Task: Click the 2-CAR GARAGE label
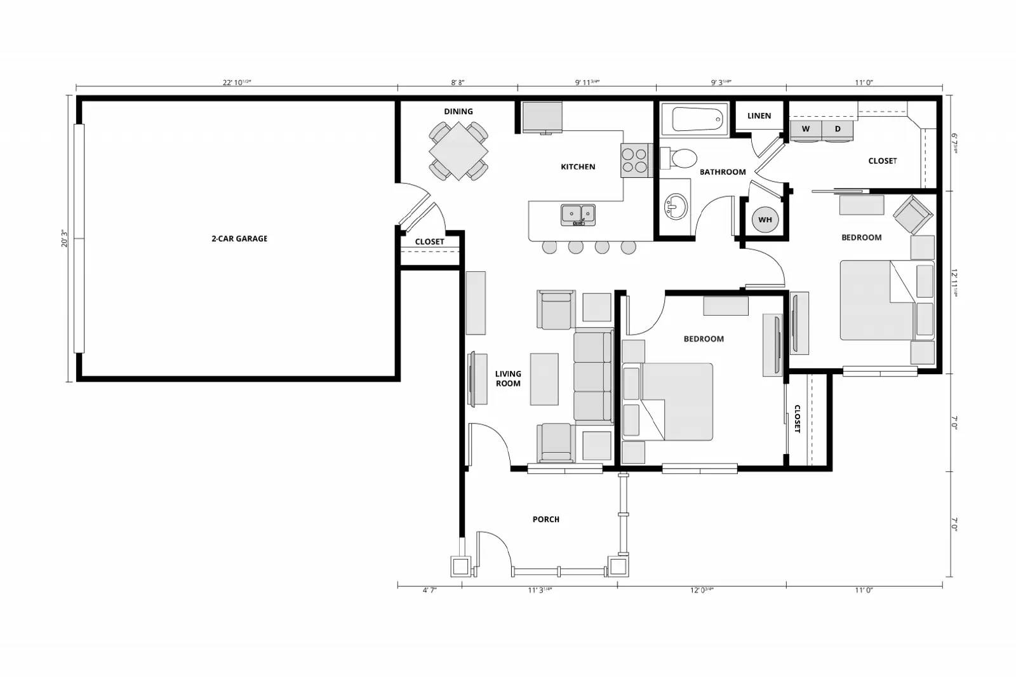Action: click(239, 239)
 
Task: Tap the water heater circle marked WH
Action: click(765, 220)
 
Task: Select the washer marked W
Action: click(806, 130)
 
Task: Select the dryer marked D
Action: click(838, 130)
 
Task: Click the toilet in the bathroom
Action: click(679, 158)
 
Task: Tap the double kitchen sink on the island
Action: click(578, 214)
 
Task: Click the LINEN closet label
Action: click(759, 116)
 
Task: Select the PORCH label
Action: click(546, 519)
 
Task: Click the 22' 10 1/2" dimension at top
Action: click(237, 83)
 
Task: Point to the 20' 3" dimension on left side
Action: click(65, 238)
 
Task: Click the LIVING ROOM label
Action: click(508, 379)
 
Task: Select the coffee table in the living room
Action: click(544, 379)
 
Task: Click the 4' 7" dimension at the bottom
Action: click(429, 590)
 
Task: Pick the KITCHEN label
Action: click(578, 167)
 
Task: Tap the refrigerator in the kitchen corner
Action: click(542, 117)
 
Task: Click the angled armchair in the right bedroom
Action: click(913, 214)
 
